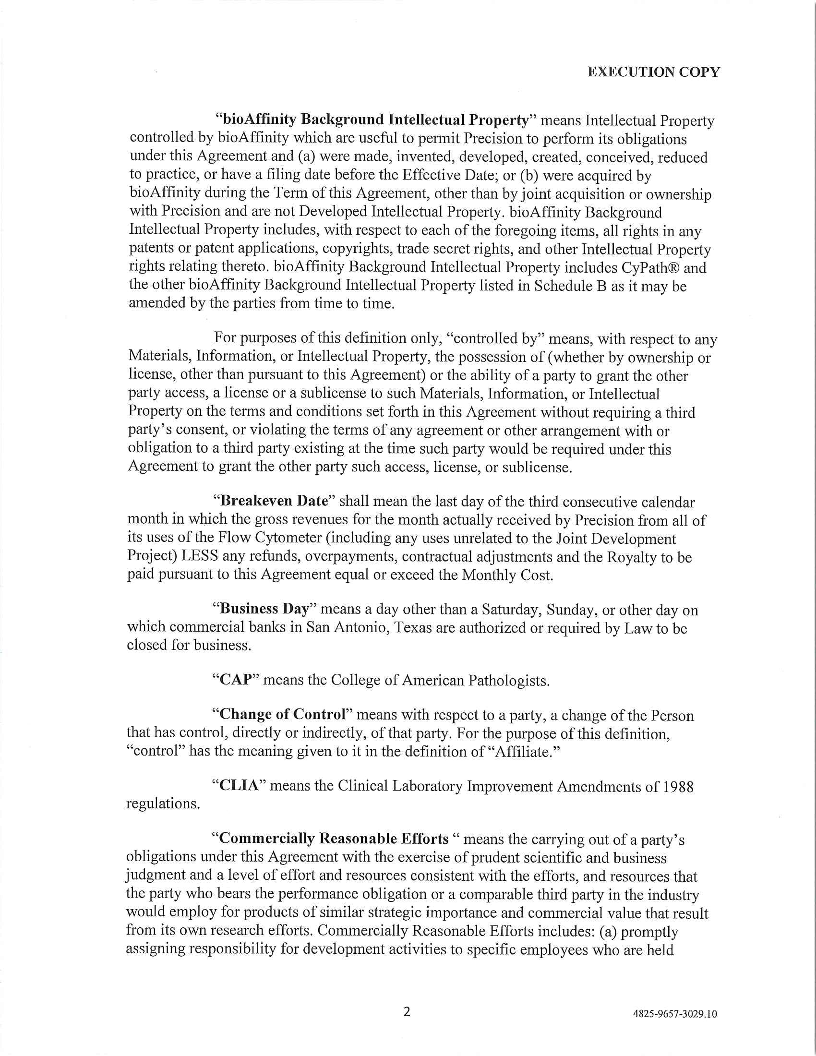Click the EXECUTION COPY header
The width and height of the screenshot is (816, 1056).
point(653,72)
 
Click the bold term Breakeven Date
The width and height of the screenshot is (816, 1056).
point(280,501)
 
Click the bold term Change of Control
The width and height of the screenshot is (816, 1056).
point(283,714)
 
